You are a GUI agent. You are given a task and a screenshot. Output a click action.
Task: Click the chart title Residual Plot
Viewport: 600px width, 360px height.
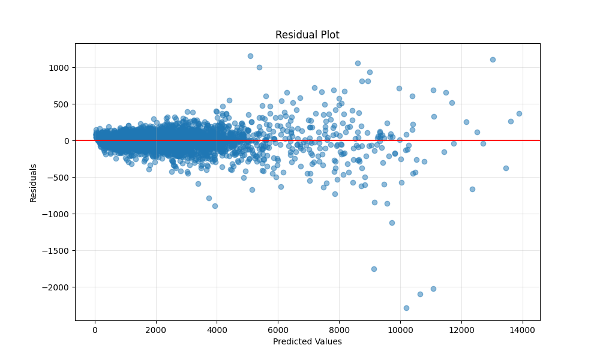coord(307,35)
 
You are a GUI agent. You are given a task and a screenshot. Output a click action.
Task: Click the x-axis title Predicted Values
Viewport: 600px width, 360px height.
coord(307,341)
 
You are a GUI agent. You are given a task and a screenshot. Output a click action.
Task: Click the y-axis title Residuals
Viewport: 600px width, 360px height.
coord(34,182)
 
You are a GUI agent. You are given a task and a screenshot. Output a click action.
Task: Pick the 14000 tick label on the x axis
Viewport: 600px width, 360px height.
coord(522,330)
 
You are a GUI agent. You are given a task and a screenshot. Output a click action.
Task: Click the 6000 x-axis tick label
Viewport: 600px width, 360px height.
coord(278,330)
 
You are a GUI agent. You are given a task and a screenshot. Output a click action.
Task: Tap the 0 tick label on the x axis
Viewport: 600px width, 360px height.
coord(95,330)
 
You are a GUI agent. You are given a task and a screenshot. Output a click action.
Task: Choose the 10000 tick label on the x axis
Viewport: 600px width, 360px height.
coord(400,330)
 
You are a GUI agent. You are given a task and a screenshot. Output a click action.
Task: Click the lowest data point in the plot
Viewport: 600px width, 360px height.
coord(406,308)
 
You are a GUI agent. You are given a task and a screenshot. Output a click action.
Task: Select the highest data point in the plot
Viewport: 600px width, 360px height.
coord(250,56)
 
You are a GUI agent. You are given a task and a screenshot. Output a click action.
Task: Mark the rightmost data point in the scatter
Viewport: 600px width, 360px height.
coord(519,113)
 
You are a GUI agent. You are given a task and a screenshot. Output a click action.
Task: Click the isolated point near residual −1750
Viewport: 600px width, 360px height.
coord(374,269)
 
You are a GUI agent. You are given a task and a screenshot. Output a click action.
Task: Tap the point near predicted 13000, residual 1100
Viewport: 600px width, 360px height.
coord(493,59)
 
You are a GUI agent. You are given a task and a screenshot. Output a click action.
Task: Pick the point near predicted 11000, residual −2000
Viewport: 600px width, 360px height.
coord(433,289)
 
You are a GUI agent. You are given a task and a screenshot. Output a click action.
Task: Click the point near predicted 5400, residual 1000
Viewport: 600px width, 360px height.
coord(259,67)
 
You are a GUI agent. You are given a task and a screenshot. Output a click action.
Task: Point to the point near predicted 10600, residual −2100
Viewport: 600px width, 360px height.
coord(420,294)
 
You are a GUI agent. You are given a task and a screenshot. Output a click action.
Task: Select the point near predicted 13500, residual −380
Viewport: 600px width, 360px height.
coord(506,168)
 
